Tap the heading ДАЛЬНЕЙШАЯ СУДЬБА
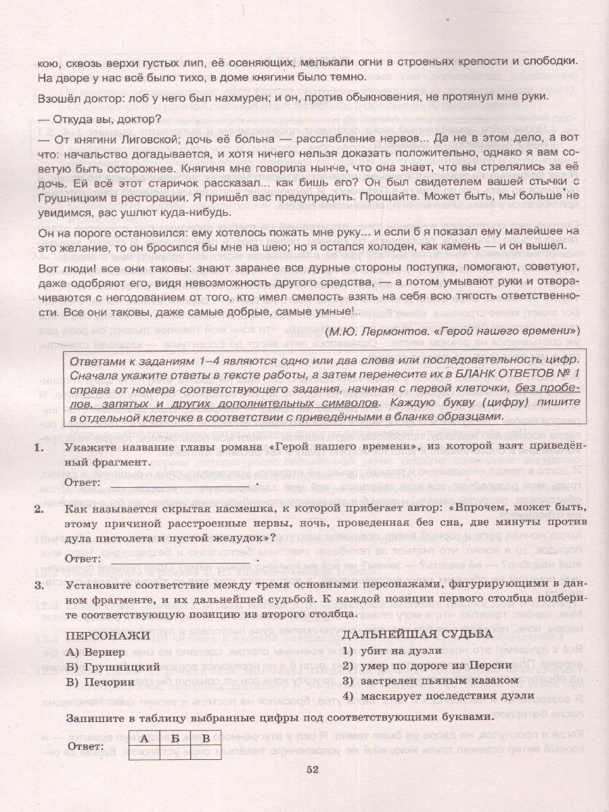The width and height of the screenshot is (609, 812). pyautogui.click(x=418, y=635)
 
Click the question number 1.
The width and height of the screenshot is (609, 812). pyautogui.click(x=40, y=448)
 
